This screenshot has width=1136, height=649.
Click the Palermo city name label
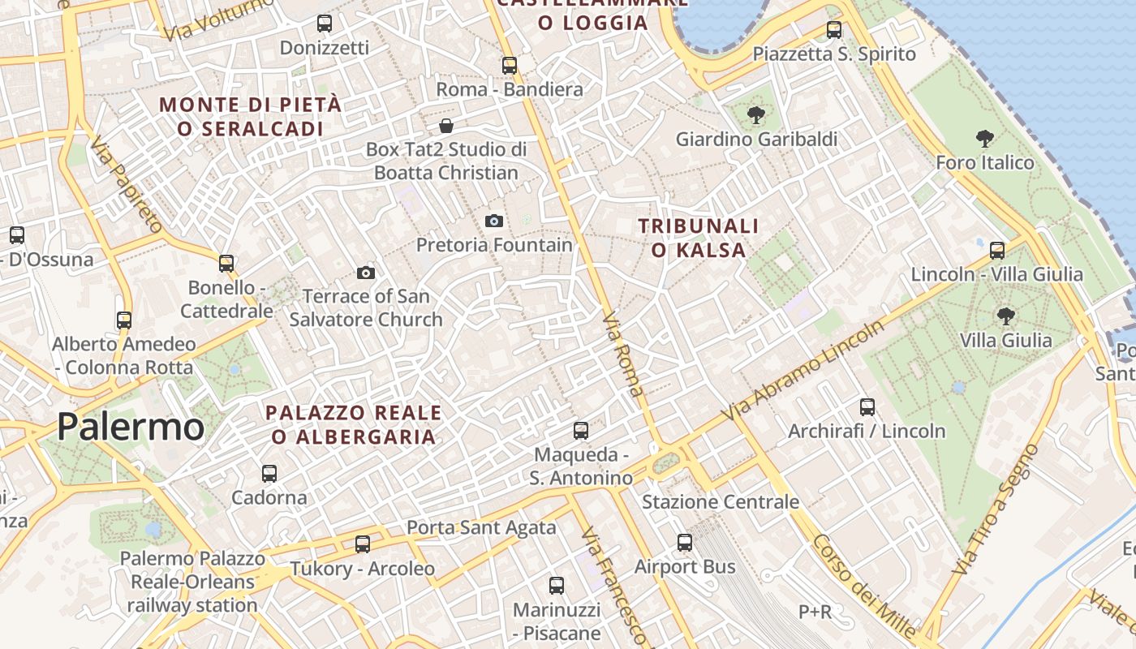pos(131,427)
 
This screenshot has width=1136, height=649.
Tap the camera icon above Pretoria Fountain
pos(493,221)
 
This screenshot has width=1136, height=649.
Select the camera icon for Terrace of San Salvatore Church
pos(366,273)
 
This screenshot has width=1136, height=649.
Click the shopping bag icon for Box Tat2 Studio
pos(445,126)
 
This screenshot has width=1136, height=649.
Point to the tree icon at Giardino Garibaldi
pos(755,115)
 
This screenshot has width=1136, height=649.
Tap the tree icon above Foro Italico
pos(984,139)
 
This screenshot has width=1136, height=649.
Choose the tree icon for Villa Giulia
pos(1005,316)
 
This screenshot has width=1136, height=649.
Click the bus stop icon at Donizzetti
pos(325,24)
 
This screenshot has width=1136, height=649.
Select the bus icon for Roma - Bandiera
pos(510,66)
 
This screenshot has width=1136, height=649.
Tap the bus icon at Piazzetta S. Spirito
pos(833,31)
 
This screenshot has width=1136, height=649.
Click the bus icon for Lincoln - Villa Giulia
pos(997,251)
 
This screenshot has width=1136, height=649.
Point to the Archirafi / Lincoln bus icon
pos(867,407)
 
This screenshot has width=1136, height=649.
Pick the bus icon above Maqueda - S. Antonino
pos(581,431)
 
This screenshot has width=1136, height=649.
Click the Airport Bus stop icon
pos(685,543)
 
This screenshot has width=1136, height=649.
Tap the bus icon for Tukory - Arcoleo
pos(363,544)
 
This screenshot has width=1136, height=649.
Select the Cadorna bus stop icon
pos(269,474)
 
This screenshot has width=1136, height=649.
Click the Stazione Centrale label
pos(721,502)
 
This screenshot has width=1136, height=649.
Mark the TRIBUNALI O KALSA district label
pos(698,238)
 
